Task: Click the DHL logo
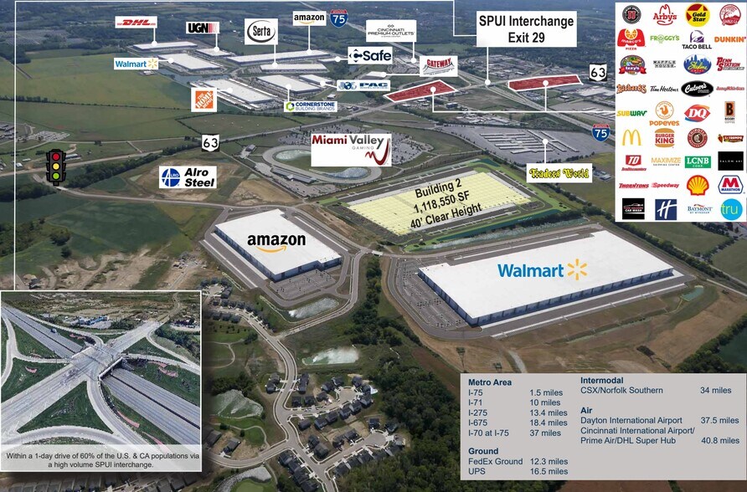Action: pyautogui.click(x=136, y=23)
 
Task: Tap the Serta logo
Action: pyautogui.click(x=260, y=31)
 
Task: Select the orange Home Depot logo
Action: pyautogui.click(x=203, y=99)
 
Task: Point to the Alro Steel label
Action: pyautogui.click(x=188, y=177)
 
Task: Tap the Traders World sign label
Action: pyautogui.click(x=559, y=173)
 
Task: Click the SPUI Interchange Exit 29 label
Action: pyautogui.click(x=526, y=28)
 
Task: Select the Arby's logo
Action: pyautogui.click(x=664, y=15)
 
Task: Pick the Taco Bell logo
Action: pyautogui.click(x=697, y=40)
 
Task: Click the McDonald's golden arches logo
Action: pyautogui.click(x=631, y=137)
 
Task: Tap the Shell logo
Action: pyautogui.click(x=697, y=185)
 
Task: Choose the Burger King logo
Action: pyautogui.click(x=664, y=137)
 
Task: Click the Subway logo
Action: pyautogui.click(x=631, y=112)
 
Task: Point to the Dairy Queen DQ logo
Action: pyautogui.click(x=697, y=112)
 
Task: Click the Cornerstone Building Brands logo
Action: pyautogui.click(x=312, y=106)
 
